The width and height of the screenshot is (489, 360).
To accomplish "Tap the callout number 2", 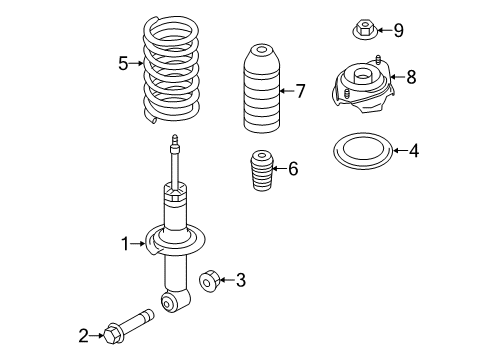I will pyautogui.click(x=84, y=335).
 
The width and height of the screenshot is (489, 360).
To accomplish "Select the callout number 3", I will pyautogui.click(x=240, y=281).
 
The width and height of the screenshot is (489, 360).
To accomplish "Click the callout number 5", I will pyautogui.click(x=124, y=64).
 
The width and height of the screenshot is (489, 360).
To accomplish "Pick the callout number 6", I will pyautogui.click(x=292, y=168).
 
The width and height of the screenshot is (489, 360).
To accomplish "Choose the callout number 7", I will pyautogui.click(x=300, y=91).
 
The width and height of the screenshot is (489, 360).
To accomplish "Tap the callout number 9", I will pyautogui.click(x=398, y=30).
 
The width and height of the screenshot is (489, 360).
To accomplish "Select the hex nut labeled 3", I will pyautogui.click(x=210, y=281).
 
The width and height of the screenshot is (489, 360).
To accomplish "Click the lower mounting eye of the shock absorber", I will pyautogui.click(x=176, y=301).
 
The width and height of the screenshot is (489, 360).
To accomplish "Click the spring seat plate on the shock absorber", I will pyautogui.click(x=174, y=241).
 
